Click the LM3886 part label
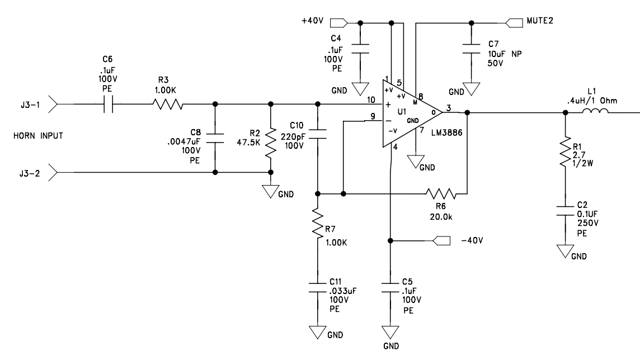coord(446,132)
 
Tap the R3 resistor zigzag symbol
coord(168,105)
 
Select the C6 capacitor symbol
coord(108,105)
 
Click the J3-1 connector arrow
coord(53,105)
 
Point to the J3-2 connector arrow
coord(53,173)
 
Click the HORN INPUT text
coord(39,136)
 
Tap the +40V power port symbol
coord(339,23)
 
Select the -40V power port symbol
coord(441,241)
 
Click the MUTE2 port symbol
coord(514,23)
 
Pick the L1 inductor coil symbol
coord(595,111)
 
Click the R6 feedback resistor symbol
coord(441,193)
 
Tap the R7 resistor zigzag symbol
coord(318,222)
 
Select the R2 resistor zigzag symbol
coord(271,144)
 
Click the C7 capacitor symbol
coord(472,49)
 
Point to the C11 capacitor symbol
coord(318,287)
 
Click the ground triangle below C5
coord(390,332)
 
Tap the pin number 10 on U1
coord(370,100)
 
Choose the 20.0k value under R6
coord(441,217)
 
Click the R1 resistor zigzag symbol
coord(565,151)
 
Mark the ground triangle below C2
coord(565,252)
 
